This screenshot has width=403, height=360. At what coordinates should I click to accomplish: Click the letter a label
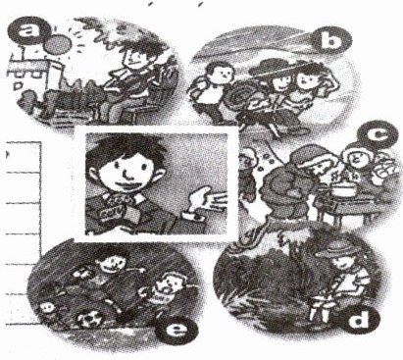point(28,30)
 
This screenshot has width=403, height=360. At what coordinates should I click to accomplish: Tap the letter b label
point(330,40)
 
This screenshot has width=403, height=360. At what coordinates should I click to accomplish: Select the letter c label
point(377,135)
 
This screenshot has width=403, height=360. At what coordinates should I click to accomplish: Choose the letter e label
point(176,330)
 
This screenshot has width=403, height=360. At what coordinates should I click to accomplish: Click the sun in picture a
point(58,44)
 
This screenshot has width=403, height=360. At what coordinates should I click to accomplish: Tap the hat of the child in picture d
point(337,250)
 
